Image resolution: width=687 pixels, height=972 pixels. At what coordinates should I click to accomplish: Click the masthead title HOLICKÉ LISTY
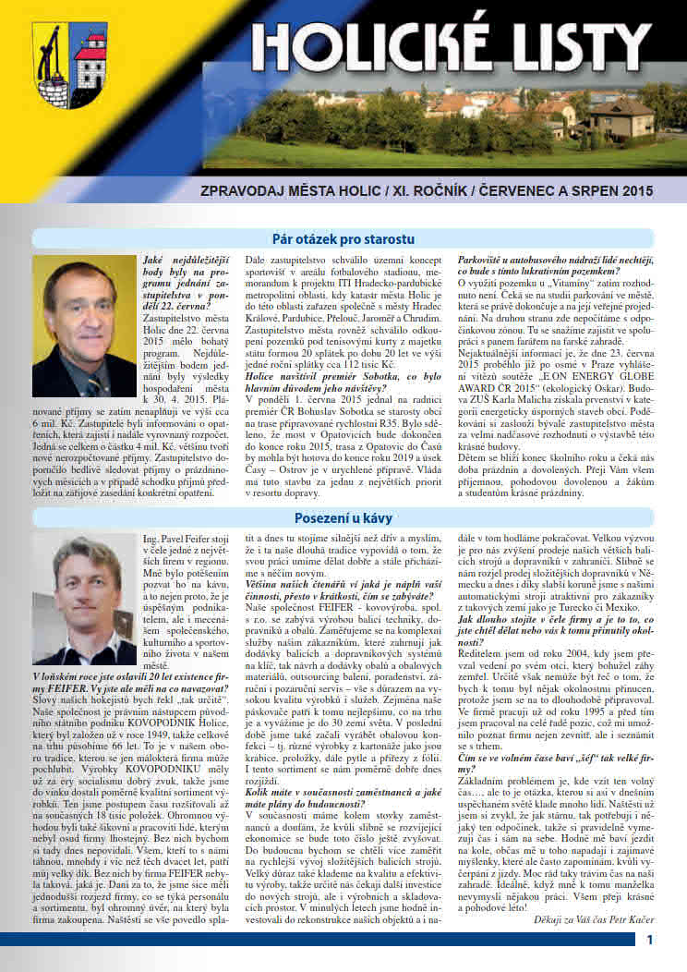tap(452, 42)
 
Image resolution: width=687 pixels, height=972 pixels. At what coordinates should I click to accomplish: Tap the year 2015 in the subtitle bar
tap(633, 191)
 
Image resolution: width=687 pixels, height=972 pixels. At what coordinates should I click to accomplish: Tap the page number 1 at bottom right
tap(650, 939)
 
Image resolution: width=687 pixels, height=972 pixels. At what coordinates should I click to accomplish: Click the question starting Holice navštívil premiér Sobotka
tap(339, 376)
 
